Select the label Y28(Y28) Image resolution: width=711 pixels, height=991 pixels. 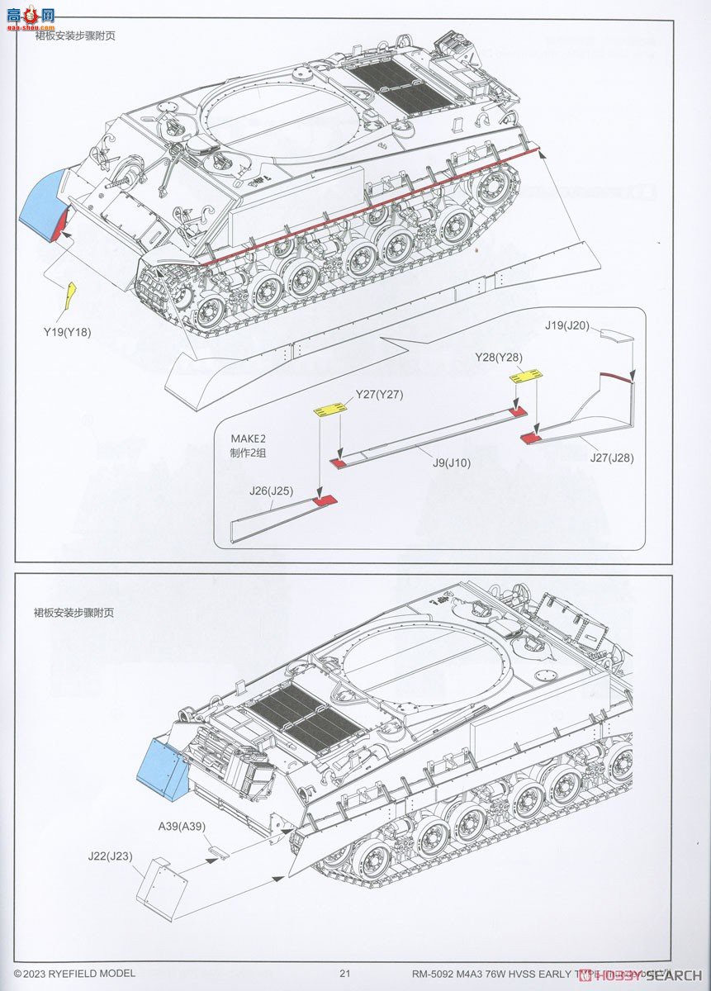click(x=499, y=357)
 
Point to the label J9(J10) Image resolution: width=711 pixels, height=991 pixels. click(x=451, y=462)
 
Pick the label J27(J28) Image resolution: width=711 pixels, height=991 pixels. click(x=612, y=458)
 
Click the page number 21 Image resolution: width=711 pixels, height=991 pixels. click(x=345, y=974)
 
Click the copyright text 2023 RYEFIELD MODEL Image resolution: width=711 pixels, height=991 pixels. click(x=79, y=974)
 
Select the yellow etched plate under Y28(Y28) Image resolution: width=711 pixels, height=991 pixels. click(x=526, y=377)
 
